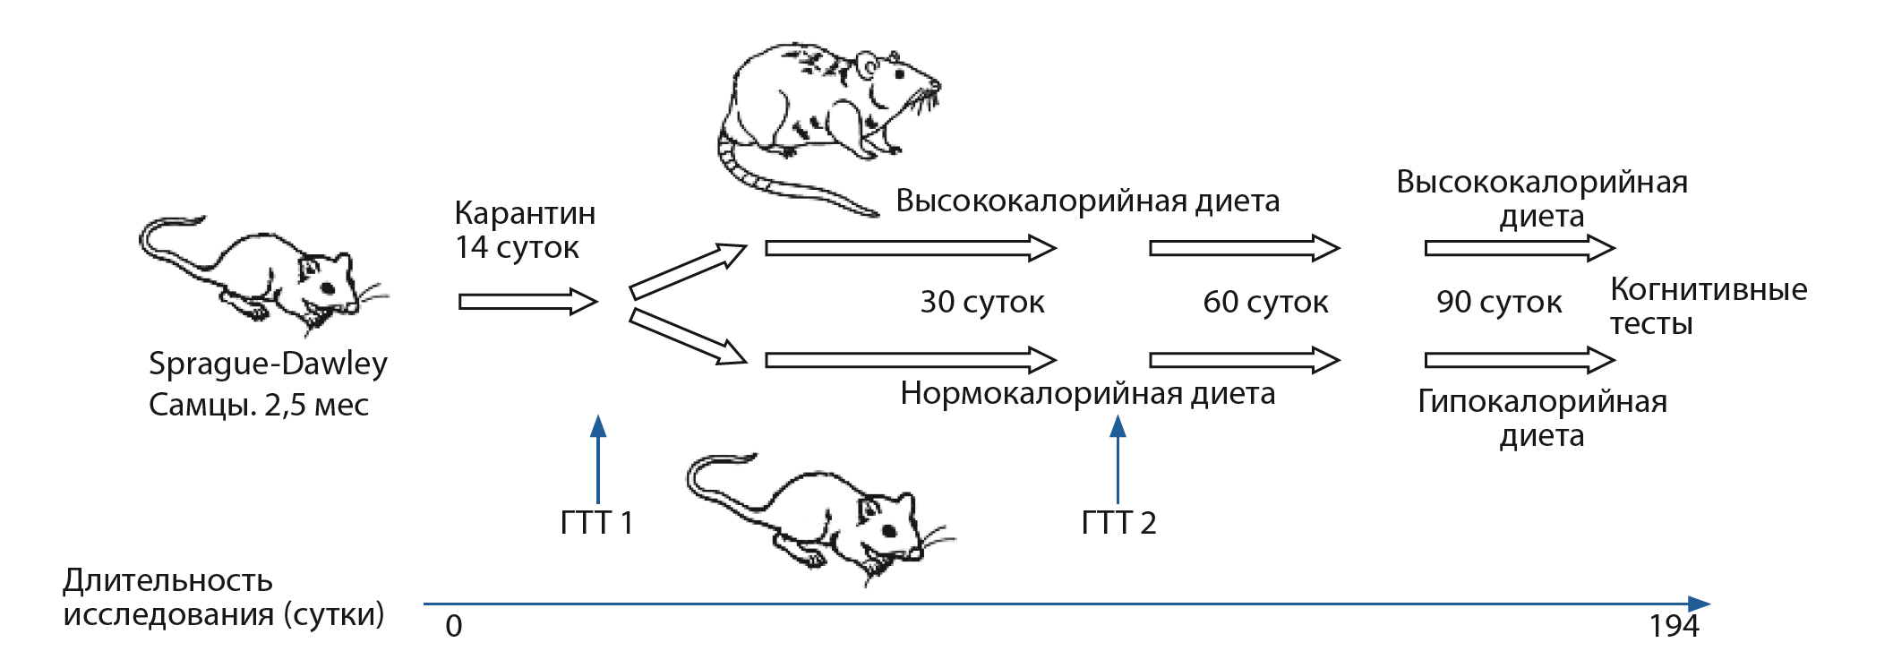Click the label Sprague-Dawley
pyautogui.click(x=268, y=364)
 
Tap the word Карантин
pyautogui.click(x=525, y=213)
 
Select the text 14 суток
pyautogui.click(x=517, y=248)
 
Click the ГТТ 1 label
pyautogui.click(x=596, y=523)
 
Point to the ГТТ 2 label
pyautogui.click(x=1118, y=523)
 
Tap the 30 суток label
pyautogui.click(x=982, y=303)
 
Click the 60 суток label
pyautogui.click(x=1265, y=303)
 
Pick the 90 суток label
pyautogui.click(x=1499, y=303)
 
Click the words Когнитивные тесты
pyautogui.click(x=1708, y=306)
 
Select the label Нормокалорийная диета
pyautogui.click(x=1087, y=394)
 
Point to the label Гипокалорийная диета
pyautogui.click(x=1542, y=418)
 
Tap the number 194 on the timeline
pyautogui.click(x=1674, y=626)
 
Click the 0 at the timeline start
pyautogui.click(x=454, y=626)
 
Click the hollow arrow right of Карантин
pyautogui.click(x=527, y=302)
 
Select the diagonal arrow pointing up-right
pyautogui.click(x=688, y=270)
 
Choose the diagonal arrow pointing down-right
pyautogui.click(x=688, y=336)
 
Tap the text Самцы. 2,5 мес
pyautogui.click(x=259, y=406)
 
